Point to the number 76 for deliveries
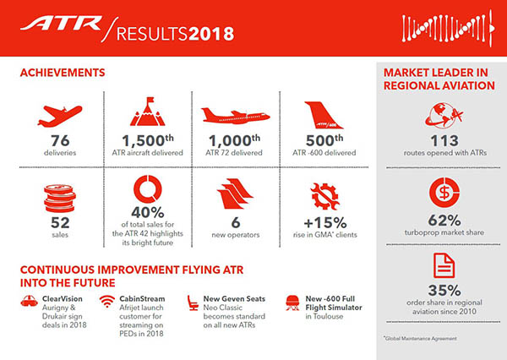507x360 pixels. point(58,141)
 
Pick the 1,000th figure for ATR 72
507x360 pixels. point(230,142)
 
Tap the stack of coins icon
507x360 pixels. point(58,198)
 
